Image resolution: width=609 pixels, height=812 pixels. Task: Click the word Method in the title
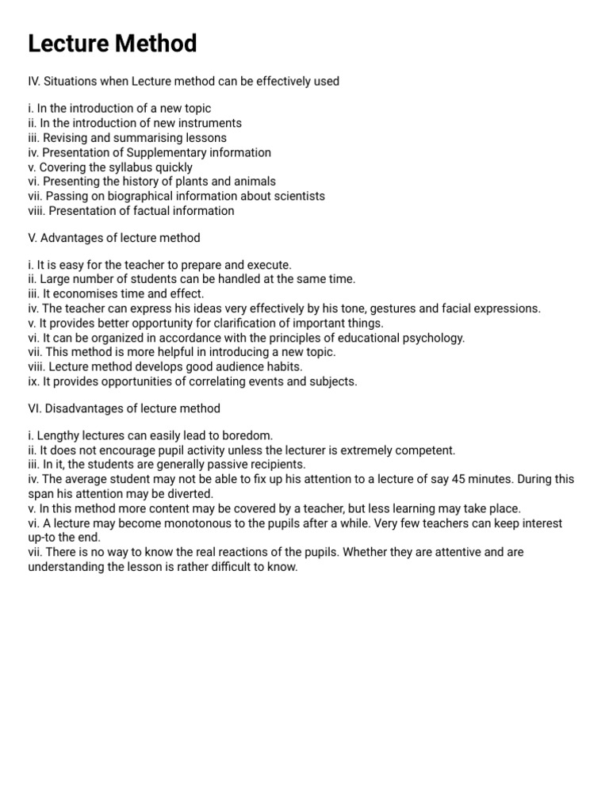coord(156,44)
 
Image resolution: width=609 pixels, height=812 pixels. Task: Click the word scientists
coord(297,196)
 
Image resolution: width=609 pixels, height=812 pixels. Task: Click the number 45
coord(458,480)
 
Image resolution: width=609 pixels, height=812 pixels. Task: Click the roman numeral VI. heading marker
coord(35,408)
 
